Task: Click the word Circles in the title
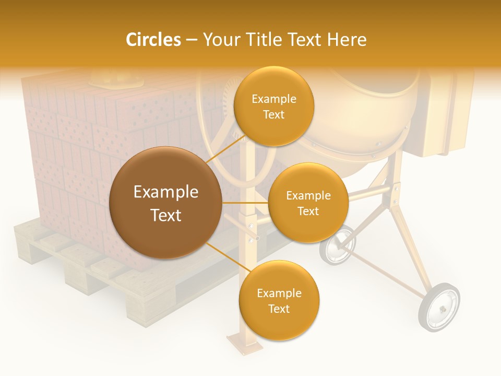coord(153,40)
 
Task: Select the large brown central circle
coord(165,203)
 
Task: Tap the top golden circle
coord(273,107)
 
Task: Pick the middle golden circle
coord(308,203)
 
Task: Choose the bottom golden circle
coord(279,301)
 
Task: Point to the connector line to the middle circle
coord(245,202)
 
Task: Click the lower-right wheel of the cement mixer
coord(439,307)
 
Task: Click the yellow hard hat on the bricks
coord(116,79)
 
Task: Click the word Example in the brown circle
coord(165,192)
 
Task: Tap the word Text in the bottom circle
coord(279,309)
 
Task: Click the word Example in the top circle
coord(273,99)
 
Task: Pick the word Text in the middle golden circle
coord(308,211)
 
